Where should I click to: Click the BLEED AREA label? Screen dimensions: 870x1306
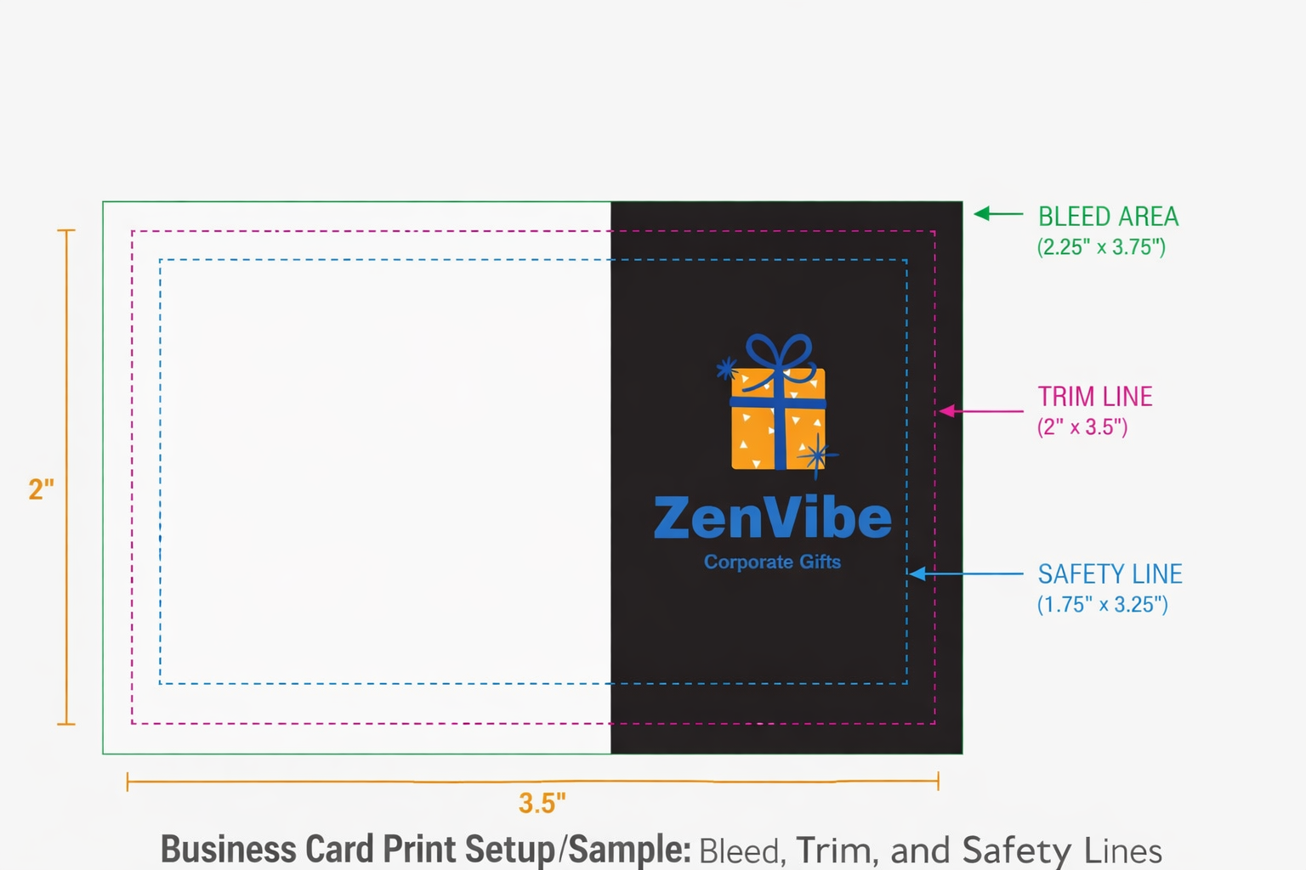1108,217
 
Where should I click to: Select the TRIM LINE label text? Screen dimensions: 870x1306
1095,397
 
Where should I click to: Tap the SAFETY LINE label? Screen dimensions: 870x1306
1110,574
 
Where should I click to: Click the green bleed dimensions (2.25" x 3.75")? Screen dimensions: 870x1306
1101,247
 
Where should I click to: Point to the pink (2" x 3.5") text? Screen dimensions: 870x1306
1082,427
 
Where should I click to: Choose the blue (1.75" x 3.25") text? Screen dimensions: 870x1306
1102,605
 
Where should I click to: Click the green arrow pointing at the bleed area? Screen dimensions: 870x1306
997,214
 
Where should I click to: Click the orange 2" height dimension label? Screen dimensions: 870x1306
41,489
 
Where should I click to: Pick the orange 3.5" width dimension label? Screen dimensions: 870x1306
542,803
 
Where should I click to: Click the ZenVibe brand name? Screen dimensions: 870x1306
772,518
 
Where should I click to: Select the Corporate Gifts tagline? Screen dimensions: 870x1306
772,562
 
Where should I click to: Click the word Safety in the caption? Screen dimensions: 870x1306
1016,850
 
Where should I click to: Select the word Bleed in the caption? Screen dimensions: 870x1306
740,850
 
